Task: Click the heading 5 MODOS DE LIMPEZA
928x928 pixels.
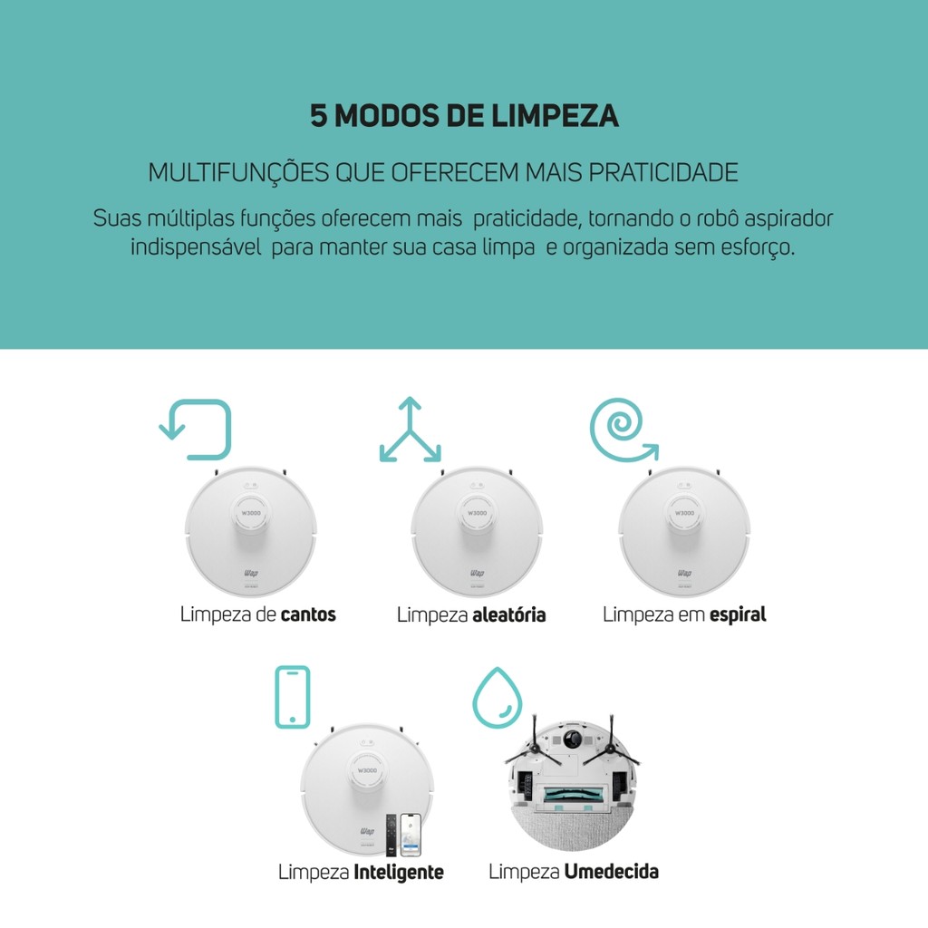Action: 464,115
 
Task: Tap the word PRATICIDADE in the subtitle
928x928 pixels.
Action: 663,172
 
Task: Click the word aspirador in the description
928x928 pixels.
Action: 788,218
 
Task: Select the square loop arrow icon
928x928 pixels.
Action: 196,430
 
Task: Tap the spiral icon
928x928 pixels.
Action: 623,430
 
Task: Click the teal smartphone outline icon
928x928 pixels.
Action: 293,697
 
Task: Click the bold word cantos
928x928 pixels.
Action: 308,614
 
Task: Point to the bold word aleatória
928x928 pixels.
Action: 509,614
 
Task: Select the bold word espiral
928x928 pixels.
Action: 738,615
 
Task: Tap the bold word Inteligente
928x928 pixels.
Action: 399,872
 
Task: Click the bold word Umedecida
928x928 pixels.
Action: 612,871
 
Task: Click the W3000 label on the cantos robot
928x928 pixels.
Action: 251,513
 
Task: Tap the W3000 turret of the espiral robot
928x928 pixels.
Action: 685,513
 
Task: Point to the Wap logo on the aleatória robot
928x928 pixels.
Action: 477,573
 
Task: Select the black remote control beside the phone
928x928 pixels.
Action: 391,835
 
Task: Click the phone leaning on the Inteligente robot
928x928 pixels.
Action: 411,835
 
